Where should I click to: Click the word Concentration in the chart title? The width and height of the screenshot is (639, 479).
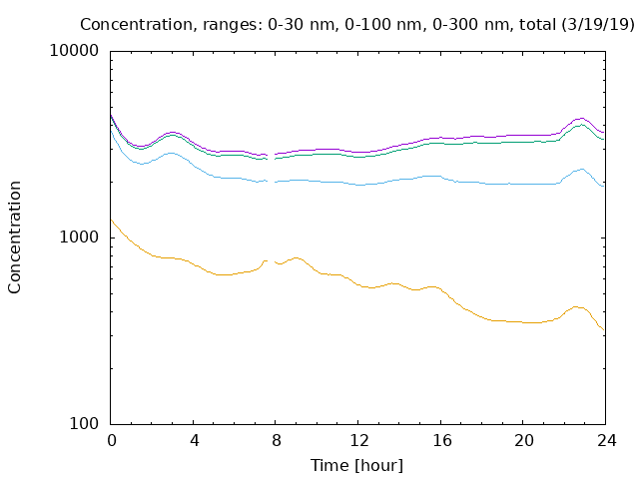[136, 24]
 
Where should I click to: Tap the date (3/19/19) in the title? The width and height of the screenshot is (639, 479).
[597, 24]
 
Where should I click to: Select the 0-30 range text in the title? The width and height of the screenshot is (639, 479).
[285, 24]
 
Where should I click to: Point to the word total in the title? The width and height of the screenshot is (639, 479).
[537, 24]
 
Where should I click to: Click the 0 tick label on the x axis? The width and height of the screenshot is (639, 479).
[111, 440]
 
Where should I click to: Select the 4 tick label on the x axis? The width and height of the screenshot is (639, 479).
[194, 440]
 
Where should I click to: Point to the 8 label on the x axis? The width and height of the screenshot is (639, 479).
[277, 440]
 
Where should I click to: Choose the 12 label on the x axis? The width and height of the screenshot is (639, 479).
[359, 440]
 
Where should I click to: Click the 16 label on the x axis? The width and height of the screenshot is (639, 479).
[441, 440]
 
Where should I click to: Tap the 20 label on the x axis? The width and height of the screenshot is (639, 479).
[523, 440]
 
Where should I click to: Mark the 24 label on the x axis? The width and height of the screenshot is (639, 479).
[606, 440]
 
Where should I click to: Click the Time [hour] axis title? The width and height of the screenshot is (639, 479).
[356, 465]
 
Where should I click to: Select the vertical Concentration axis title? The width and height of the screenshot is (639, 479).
[14, 238]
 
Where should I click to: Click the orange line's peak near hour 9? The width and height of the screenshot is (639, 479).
[297, 257]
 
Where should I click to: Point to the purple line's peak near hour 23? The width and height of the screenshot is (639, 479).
[581, 118]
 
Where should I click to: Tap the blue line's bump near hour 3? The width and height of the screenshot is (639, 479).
[171, 153]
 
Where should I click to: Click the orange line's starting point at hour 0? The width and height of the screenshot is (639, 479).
[111, 220]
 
